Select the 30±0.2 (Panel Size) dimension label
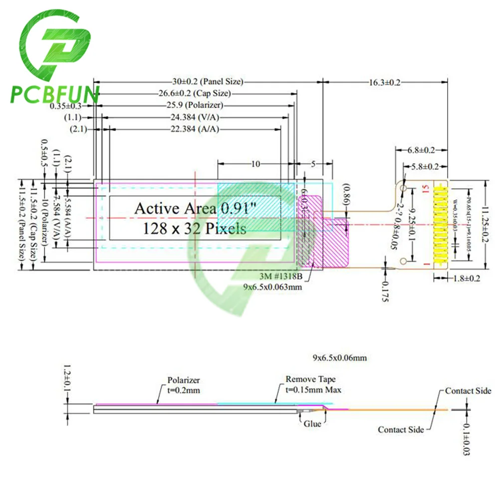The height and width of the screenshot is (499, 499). (x=205, y=82)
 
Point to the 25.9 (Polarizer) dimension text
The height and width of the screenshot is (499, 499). (x=195, y=105)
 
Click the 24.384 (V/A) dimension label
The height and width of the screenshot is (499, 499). (x=195, y=117)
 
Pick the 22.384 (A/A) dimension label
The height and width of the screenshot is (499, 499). (x=195, y=129)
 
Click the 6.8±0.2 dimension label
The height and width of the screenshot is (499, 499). (x=421, y=150)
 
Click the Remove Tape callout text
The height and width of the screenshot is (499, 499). (x=310, y=379)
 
